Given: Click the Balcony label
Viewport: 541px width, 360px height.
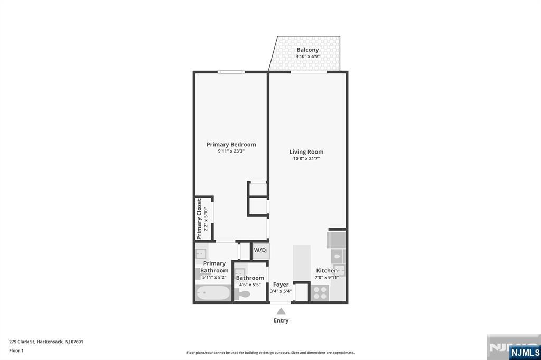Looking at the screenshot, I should click(307, 50).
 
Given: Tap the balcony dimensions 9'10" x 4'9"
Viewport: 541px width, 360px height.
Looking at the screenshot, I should click(307, 56).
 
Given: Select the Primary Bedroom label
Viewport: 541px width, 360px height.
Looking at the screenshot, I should click(231, 144).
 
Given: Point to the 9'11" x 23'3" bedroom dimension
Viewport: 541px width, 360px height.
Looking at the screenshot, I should click(231, 151).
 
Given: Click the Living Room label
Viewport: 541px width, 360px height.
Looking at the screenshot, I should click(306, 151).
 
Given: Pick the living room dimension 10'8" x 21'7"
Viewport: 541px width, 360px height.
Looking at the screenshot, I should click(306, 158).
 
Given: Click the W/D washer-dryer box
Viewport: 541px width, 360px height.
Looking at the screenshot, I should click(260, 250).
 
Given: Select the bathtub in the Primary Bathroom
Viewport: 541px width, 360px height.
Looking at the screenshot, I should click(213, 293).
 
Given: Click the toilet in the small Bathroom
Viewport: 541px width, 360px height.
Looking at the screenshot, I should click(243, 294).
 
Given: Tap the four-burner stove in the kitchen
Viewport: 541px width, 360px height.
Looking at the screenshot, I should click(320, 292).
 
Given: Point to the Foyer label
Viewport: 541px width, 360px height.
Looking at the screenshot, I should click(281, 285).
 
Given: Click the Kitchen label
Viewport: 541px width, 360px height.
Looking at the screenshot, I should click(327, 271).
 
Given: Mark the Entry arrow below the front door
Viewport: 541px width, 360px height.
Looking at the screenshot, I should click(281, 310).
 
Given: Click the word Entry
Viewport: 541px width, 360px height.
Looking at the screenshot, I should click(281, 320).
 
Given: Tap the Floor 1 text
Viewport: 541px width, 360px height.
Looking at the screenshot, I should click(16, 350).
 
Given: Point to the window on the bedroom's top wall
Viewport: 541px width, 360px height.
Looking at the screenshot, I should click(231, 72).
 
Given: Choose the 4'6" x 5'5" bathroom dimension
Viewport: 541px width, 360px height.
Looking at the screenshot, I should click(250, 285).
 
